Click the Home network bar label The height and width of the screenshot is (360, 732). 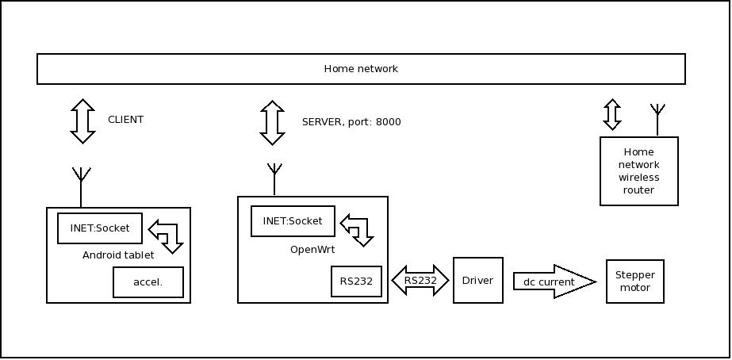pos(361,69)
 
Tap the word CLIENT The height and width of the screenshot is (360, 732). pos(125,120)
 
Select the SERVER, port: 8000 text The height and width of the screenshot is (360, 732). pos(351,122)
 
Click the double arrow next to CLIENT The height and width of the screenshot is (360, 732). pos(82,121)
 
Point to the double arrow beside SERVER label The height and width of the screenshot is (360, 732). pos(272,123)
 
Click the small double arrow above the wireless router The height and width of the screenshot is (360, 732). pos(611,114)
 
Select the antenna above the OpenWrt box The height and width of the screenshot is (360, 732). pos(274,178)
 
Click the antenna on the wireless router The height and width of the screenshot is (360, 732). pos(657,118)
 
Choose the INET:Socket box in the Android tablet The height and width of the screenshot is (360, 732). pos(99,228)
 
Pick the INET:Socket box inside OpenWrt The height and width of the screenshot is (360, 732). pos(293,221)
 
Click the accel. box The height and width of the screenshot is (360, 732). pos(148,282)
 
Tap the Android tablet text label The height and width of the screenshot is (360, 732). pos(118,255)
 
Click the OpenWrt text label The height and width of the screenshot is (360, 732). pos(312,250)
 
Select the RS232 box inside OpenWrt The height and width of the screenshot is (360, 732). pos(356,281)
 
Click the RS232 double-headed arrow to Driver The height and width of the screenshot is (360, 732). pos(420,281)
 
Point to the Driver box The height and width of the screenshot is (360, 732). pos(477,281)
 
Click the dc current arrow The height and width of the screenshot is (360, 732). pos(554,281)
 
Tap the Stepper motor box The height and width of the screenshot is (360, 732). pos(634,281)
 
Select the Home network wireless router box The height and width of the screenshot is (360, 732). pos(638,171)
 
